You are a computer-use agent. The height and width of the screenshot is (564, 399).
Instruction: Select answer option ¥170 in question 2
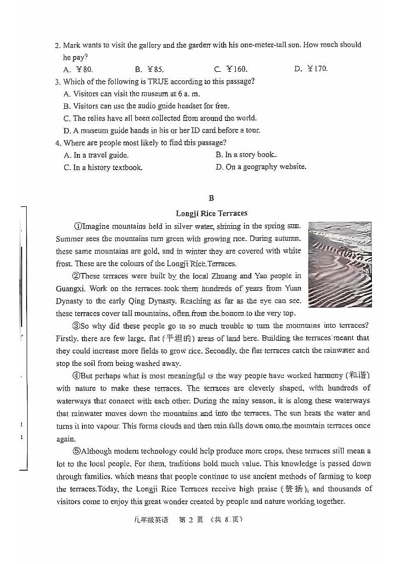pos(311,69)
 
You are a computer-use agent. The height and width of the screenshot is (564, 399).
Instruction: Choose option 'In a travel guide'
pos(96,155)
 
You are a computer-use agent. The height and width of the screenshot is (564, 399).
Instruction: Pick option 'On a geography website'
pos(261,167)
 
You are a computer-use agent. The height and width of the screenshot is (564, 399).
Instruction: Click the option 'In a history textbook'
pos(103,168)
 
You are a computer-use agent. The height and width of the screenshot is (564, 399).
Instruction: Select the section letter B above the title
pos(211,198)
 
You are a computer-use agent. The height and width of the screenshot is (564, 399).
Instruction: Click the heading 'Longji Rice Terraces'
pos(212,213)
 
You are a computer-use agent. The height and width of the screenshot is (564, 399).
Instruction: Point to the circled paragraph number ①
pos(77,226)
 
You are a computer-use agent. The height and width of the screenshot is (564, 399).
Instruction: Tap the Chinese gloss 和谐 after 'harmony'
pos(358,376)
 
